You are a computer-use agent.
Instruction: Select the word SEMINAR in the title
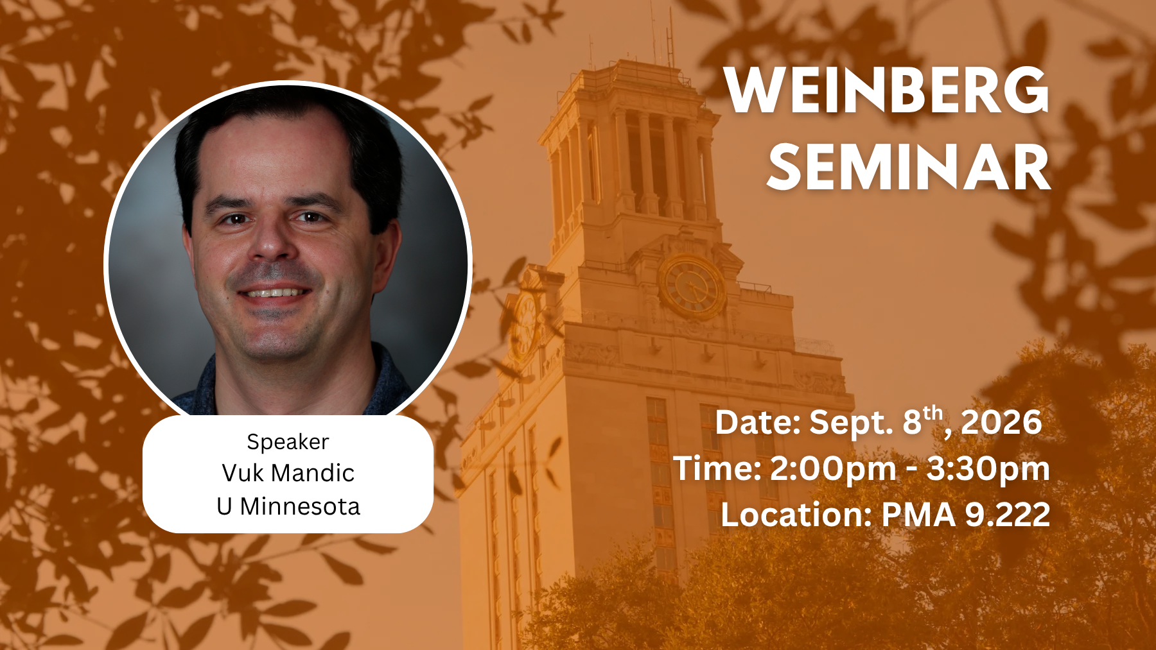(x=909, y=167)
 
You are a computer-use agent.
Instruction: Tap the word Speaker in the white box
(x=288, y=442)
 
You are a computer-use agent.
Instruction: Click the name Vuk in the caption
(x=242, y=473)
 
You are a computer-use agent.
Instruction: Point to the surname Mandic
(x=312, y=473)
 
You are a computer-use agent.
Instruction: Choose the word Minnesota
(x=300, y=506)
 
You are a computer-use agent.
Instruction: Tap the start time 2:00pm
(x=833, y=468)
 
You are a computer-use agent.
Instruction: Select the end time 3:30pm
(x=988, y=468)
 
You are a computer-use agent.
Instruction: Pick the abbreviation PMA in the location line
(x=919, y=515)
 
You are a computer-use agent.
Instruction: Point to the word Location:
(x=796, y=515)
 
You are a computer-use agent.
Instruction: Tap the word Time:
(x=717, y=468)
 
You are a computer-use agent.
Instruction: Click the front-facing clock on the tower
(x=692, y=287)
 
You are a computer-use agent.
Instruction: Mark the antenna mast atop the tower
(x=670, y=35)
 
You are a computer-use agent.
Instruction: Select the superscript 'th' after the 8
(x=933, y=413)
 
